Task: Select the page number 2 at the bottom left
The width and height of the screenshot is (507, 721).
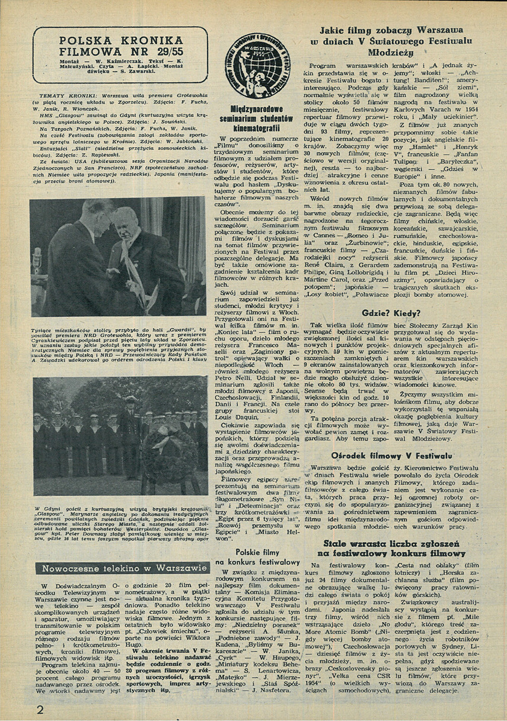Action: click(x=40, y=709)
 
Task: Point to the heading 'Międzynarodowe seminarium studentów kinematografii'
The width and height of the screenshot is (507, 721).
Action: click(x=259, y=118)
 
